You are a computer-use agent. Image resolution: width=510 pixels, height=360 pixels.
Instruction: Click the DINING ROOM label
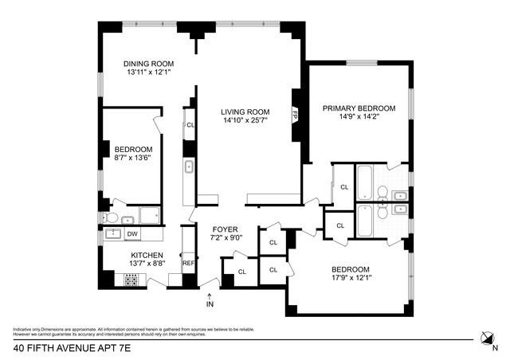[147, 63]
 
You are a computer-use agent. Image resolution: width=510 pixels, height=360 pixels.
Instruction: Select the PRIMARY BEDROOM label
[359, 108]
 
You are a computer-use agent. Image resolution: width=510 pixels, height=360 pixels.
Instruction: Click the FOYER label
[226, 228]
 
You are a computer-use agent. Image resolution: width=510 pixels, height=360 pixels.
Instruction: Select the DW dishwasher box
[132, 233]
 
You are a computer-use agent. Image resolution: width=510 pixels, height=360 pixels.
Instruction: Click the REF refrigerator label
[188, 262]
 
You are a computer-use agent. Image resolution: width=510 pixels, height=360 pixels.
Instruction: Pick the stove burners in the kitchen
[131, 280]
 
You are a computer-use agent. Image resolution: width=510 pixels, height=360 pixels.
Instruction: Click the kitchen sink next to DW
[112, 233]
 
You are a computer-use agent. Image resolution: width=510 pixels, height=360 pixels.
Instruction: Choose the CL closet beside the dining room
[190, 125]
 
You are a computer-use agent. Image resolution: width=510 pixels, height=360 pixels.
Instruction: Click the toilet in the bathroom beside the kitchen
[111, 217]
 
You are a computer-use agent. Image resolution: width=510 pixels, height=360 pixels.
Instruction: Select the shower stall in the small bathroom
[149, 214]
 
